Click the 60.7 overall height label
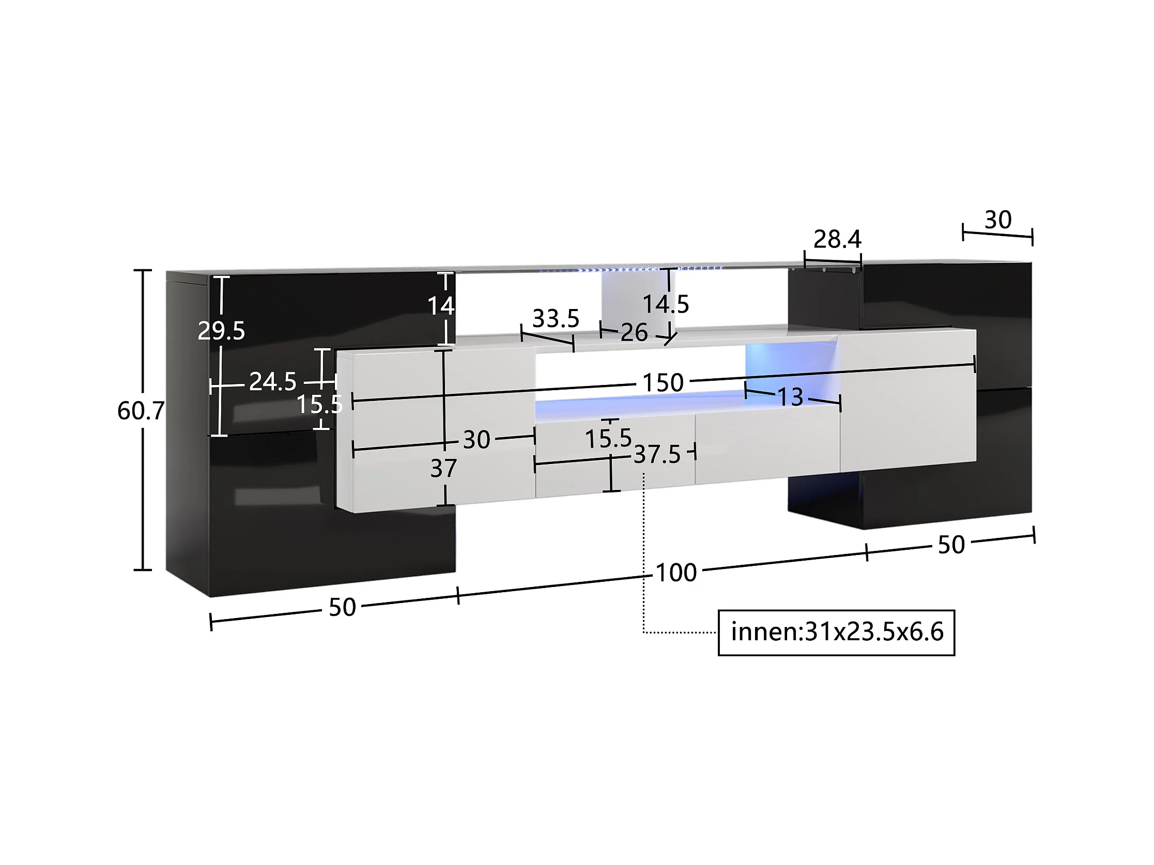click(x=141, y=411)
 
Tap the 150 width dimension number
click(x=663, y=383)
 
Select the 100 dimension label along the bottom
click(x=676, y=573)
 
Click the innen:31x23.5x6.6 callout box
click(x=836, y=632)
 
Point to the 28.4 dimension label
click(x=837, y=239)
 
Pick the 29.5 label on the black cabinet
click(x=221, y=331)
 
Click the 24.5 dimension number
click(x=273, y=382)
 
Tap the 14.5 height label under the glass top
click(x=666, y=305)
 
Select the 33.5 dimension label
click(x=556, y=319)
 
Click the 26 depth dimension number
click(x=634, y=333)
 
